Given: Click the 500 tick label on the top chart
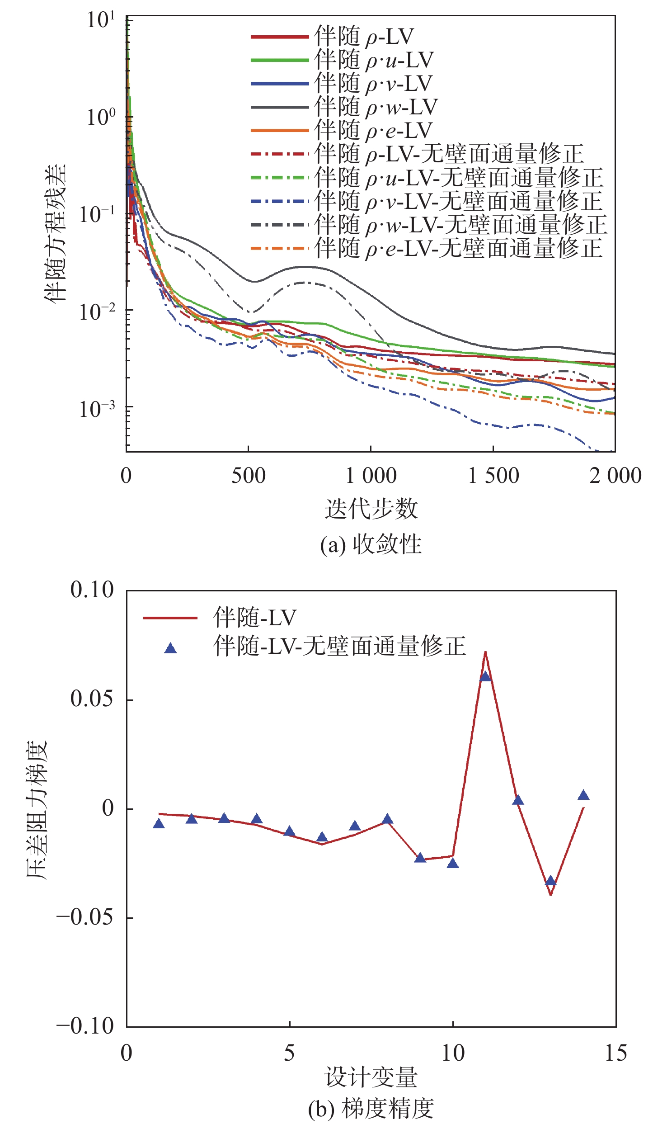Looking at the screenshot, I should pyautogui.click(x=248, y=476).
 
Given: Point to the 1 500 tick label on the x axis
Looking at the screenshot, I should pyautogui.click(x=493, y=476).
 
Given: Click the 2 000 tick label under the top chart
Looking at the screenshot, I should pyautogui.click(x=615, y=476).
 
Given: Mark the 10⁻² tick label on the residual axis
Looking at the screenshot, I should pyautogui.click(x=97, y=312).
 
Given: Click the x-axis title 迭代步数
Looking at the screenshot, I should pyautogui.click(x=371, y=509).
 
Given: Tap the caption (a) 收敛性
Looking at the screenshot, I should pyautogui.click(x=371, y=544).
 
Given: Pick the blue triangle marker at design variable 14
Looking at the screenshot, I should pyautogui.click(x=583, y=795).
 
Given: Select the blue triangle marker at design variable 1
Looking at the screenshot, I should pyautogui.click(x=159, y=824).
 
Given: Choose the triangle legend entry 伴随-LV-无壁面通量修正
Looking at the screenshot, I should pyautogui.click(x=339, y=646).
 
